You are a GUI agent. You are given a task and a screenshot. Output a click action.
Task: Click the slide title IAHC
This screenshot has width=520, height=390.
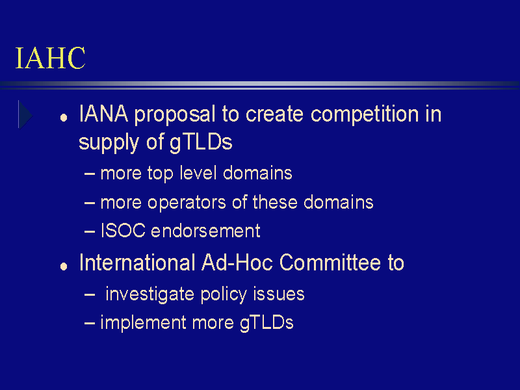click(x=51, y=58)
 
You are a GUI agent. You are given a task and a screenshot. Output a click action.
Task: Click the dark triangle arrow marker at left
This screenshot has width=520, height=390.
click(x=25, y=115)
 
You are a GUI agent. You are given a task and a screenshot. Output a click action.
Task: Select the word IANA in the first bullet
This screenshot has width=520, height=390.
click(x=103, y=114)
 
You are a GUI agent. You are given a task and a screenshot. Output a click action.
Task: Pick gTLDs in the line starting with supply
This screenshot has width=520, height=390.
click(x=201, y=142)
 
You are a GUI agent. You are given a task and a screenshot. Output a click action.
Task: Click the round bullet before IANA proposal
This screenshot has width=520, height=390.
click(x=64, y=118)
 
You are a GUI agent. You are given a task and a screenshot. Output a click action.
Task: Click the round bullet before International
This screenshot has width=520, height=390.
click(x=64, y=266)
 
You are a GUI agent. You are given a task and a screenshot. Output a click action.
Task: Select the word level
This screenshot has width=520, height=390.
click(x=198, y=173)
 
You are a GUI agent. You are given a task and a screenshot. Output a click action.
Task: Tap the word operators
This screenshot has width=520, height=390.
click(x=187, y=203)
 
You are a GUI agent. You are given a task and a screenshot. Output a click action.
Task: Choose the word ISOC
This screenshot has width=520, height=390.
click(x=123, y=231)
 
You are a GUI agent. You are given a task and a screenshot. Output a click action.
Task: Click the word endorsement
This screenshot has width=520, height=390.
click(x=205, y=231)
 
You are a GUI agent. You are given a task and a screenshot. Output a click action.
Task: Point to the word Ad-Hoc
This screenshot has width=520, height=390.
click(x=237, y=263)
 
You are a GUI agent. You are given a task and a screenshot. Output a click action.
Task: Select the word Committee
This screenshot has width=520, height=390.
click(x=330, y=263)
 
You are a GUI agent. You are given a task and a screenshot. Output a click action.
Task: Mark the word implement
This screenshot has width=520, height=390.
click(x=143, y=323)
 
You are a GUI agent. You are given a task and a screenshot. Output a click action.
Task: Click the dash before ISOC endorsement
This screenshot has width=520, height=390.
click(x=90, y=231)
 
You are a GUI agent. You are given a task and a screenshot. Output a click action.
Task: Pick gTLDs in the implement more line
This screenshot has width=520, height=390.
click(x=266, y=323)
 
